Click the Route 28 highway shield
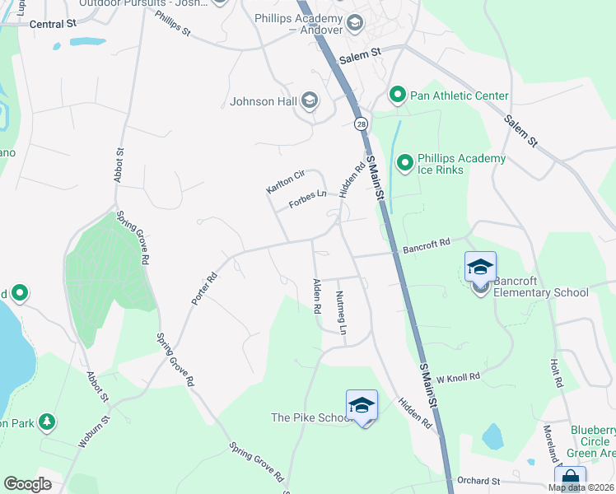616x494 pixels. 361,124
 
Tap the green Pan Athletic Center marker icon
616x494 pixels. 398,96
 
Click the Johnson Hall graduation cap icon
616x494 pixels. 310,102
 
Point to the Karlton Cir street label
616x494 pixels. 286,181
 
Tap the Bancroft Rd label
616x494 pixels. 427,244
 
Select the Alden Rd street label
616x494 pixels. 316,296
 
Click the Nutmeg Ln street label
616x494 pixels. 341,312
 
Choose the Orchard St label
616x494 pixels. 478,480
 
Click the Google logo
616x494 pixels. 27,483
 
